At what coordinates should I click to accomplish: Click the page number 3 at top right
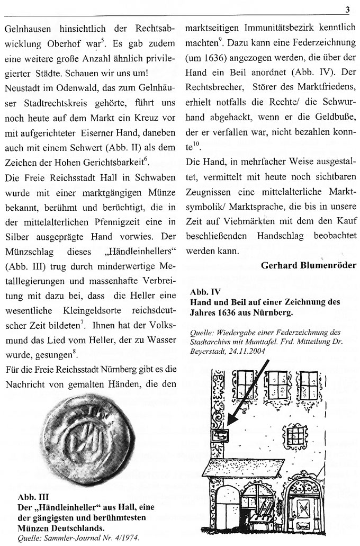tap(347, 8)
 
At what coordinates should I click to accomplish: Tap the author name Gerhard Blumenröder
tap(309, 265)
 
